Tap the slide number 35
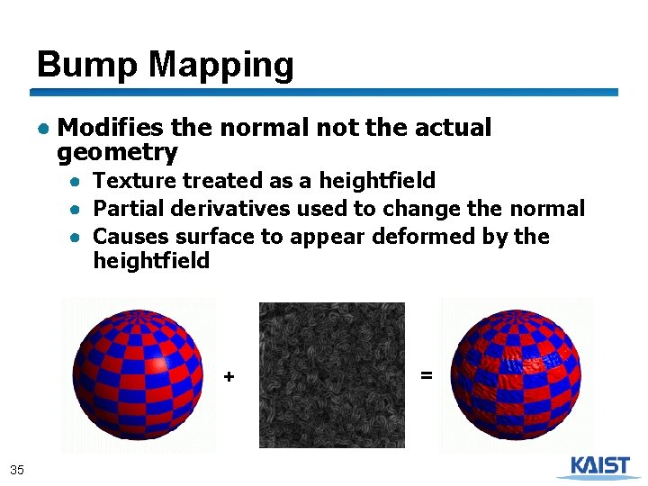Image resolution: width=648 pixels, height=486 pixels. coord(16,469)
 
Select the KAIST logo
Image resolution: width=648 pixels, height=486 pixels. coord(594,466)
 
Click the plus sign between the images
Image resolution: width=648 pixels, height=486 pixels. coord(229,376)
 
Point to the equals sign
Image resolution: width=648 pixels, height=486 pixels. coord(427,373)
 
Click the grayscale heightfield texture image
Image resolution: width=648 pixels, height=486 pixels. coord(331,374)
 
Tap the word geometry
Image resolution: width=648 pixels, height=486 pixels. coord(117,152)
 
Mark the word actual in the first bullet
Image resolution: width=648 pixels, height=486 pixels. coord(453,128)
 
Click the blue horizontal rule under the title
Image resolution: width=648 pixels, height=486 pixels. coord(324,92)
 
